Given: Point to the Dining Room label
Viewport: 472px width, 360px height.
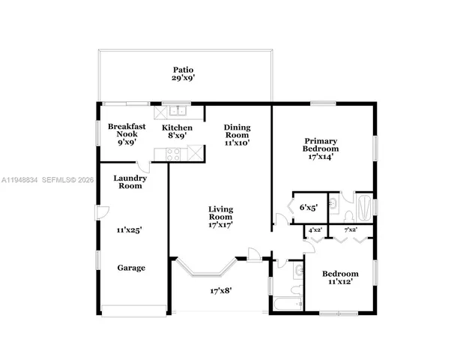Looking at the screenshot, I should pos(237,134).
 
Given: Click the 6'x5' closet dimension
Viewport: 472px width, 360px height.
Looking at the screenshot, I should pos(309,208).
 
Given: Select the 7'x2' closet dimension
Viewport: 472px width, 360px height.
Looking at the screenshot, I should pos(350,229).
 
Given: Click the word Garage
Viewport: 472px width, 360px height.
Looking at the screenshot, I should pos(131,268).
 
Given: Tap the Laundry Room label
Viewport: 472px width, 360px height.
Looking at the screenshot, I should pos(128,181).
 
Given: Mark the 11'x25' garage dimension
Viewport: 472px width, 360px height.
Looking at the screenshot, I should pos(129,230).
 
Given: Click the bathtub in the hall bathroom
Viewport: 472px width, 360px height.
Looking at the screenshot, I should pos(285,304).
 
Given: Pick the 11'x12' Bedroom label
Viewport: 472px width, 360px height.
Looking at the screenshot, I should pos(340,278).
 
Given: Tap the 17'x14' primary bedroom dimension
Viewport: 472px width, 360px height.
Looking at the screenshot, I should pos(320,157).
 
